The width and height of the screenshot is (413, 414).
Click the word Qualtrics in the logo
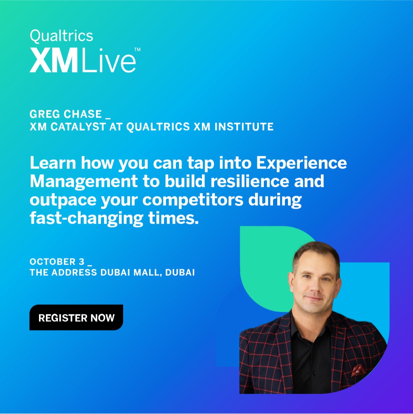[x=61, y=36]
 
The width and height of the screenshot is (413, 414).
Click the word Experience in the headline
[x=301, y=163]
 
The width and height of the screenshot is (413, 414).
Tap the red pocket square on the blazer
[x=357, y=370]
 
